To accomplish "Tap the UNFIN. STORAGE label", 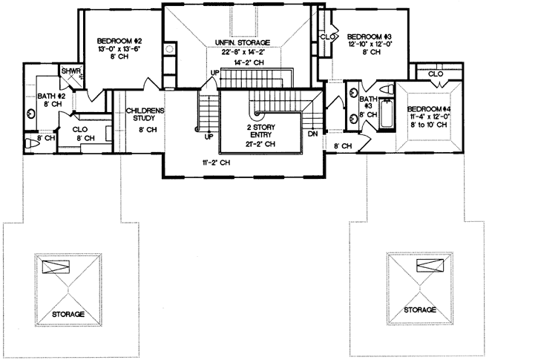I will (242, 43).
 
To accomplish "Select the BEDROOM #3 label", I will (369, 36).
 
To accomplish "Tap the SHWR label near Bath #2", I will (70, 71).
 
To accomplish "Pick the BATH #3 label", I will (368, 102).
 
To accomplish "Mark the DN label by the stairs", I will (312, 134).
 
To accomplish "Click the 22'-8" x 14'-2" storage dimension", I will (243, 52).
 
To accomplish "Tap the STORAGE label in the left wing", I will (68, 315).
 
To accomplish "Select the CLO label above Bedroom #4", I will (436, 73).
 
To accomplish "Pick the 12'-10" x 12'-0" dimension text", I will (369, 45).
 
